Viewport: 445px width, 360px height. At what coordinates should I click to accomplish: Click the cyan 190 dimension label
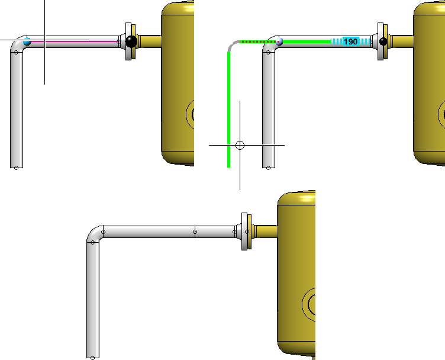pyautogui.click(x=350, y=41)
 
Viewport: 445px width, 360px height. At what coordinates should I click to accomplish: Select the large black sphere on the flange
pyautogui.click(x=131, y=41)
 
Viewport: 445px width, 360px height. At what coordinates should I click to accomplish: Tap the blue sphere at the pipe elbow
pyautogui.click(x=27, y=41)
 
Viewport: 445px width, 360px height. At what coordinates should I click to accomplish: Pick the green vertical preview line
pyautogui.click(x=229, y=110)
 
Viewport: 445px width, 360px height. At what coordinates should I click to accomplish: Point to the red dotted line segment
pyautogui.click(x=257, y=41)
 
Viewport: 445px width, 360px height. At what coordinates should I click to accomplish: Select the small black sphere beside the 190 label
pyautogui.click(x=383, y=41)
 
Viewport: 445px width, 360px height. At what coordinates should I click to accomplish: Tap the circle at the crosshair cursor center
pyautogui.click(x=240, y=146)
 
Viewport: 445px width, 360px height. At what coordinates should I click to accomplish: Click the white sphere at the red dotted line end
pyautogui.click(x=279, y=41)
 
